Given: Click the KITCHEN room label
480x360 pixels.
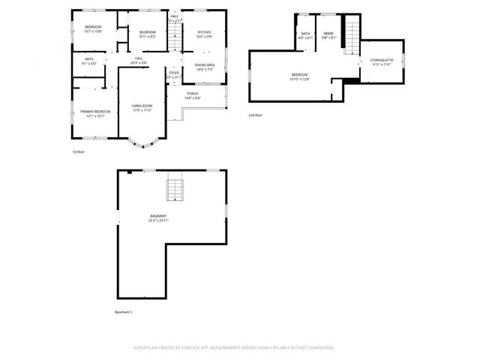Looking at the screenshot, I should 204,33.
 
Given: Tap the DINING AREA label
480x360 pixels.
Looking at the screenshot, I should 205,65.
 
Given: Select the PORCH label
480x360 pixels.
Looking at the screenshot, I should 193,94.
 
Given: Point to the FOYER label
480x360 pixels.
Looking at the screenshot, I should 173,73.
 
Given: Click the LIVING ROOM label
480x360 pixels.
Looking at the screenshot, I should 142,106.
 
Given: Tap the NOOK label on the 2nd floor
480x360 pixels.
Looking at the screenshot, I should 328,34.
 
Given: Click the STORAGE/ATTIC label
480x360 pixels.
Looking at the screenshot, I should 381,60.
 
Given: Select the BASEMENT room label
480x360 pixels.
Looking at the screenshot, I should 158,217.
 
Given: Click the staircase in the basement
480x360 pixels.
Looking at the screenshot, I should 175,190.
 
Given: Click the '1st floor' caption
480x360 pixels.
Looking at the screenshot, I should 79,151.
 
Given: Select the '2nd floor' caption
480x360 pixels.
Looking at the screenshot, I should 256,115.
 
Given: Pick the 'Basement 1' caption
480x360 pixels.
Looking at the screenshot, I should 123,311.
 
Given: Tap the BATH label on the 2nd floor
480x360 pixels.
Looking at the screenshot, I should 306,34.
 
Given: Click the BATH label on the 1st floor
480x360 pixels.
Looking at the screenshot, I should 89,59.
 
